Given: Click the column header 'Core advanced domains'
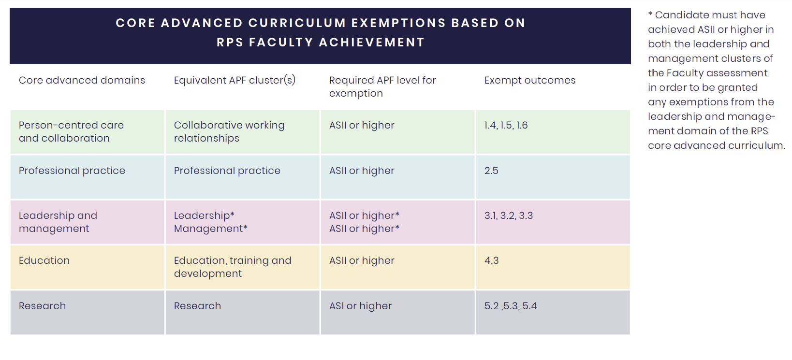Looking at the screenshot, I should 82,80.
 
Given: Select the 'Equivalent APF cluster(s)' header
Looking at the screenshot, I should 235,80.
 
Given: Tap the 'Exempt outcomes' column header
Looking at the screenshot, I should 530,80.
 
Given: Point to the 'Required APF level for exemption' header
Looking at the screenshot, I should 382,86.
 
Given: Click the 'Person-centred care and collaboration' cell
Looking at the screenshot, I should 71,131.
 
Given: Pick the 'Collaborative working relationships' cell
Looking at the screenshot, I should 229,131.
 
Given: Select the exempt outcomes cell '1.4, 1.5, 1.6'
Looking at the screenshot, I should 506,125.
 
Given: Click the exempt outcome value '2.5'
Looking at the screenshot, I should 491,171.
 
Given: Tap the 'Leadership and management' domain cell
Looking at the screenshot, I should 58,222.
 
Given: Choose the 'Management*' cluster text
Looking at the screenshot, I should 210,229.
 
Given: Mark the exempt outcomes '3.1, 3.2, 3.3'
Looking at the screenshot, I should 509,216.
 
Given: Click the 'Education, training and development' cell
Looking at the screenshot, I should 233,267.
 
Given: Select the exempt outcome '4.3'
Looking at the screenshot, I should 491,260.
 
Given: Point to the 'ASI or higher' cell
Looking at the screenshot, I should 360,306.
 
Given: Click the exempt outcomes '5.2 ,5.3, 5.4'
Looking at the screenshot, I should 511,306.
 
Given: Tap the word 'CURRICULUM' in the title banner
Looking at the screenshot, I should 297,23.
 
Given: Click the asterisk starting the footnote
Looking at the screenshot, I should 650,14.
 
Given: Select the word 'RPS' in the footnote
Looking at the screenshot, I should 759,131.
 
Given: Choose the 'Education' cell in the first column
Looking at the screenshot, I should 44,260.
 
